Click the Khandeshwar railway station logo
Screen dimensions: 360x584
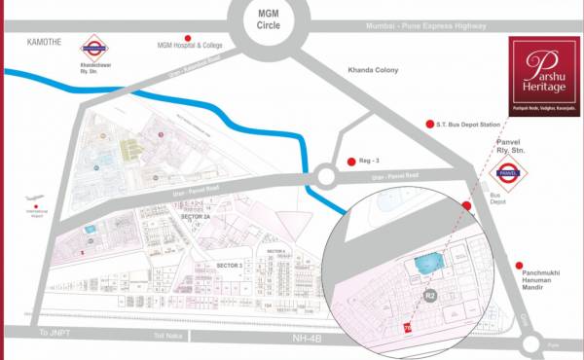pyautogui.click(x=94, y=45)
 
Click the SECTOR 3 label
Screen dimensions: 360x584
pyautogui.click(x=230, y=265)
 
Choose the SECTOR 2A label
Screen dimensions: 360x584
pyautogui.click(x=198, y=217)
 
